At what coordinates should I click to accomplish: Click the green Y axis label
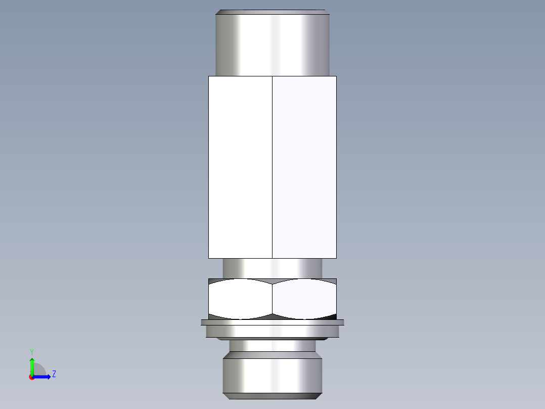[x=31, y=351]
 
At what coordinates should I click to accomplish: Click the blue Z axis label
[x=54, y=374]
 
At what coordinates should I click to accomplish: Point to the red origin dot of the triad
[x=31, y=377]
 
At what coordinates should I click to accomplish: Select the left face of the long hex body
[x=240, y=167]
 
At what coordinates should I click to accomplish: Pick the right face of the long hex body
[x=304, y=167]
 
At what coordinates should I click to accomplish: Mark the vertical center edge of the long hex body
[x=272, y=167]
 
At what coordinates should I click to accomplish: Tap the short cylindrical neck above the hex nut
[x=272, y=268]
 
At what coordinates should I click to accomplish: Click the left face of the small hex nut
[x=240, y=299]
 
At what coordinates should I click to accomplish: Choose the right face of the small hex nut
[x=304, y=299]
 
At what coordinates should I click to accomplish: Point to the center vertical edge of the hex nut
[x=272, y=299]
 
